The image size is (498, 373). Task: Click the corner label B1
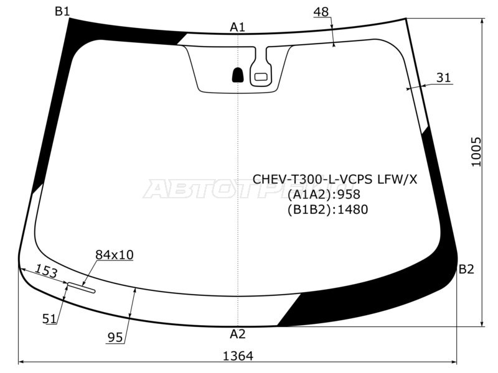(x=62, y=11)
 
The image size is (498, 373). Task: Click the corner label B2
(x=466, y=269)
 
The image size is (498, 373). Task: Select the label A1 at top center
(x=238, y=27)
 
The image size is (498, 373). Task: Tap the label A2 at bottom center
(x=238, y=334)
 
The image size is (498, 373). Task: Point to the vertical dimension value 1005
(x=476, y=151)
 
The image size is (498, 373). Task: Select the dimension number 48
(x=321, y=12)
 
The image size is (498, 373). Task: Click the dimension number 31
(x=443, y=78)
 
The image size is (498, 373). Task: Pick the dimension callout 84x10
(x=114, y=254)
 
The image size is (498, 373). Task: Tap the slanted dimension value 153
(x=46, y=271)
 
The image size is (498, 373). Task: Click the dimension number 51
(x=50, y=318)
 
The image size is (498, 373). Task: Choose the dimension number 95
(x=115, y=338)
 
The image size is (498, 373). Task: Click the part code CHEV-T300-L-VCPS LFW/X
(x=335, y=179)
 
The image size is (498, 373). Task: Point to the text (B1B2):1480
(x=327, y=210)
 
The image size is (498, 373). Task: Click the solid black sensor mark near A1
(x=238, y=75)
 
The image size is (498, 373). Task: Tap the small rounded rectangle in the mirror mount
(x=260, y=76)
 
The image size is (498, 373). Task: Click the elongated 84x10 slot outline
(x=82, y=287)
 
